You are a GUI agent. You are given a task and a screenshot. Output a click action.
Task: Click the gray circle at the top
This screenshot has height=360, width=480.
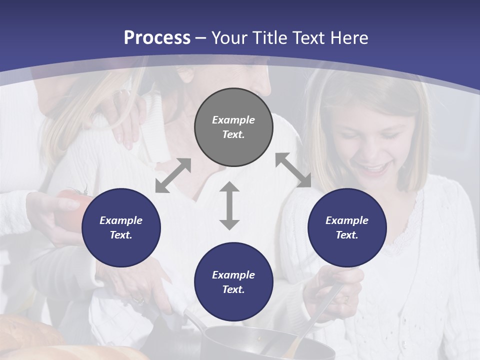tap(233, 127)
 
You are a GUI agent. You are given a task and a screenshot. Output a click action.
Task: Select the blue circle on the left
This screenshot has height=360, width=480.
tap(121, 227)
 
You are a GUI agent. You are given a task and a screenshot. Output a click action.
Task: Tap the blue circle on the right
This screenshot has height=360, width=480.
tap(347, 227)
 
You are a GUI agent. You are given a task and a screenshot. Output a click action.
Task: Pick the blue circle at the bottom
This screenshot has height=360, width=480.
tap(233, 282)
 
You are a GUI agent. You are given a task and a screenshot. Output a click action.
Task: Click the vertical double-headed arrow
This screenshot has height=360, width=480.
tap(229, 205)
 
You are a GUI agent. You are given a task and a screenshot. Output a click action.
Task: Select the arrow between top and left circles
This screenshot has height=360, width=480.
tap(173, 175)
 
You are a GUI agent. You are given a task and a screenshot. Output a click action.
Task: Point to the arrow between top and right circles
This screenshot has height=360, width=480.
tap(293, 170)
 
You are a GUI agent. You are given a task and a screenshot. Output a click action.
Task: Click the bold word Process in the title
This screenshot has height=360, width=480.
tap(157, 37)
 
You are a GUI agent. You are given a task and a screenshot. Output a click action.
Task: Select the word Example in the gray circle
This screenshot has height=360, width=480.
tap(233, 120)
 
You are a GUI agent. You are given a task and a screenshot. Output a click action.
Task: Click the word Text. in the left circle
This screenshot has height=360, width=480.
tap(121, 235)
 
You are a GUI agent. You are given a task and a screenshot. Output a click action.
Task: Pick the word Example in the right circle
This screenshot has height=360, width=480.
tap(347, 220)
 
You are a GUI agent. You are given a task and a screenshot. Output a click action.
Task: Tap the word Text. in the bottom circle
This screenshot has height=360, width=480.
tap(233, 289)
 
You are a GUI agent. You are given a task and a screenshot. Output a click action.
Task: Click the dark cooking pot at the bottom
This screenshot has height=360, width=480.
tap(260, 345)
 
